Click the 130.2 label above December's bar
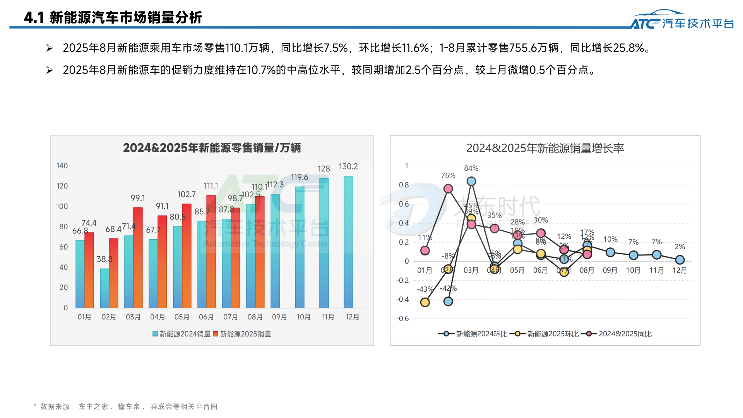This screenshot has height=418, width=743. [x=348, y=166]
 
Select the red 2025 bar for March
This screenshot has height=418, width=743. [x=138, y=257]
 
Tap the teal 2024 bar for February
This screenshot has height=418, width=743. [x=104, y=288]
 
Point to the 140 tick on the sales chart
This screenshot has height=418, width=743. [x=62, y=166]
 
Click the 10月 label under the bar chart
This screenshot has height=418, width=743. [x=303, y=317]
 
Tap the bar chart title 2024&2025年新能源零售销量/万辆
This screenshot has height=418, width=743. [x=212, y=148]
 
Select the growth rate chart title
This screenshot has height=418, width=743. [x=545, y=148]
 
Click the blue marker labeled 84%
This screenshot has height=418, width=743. [x=471, y=181]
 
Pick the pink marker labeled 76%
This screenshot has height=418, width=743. [x=448, y=188]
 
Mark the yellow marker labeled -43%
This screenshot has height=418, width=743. [x=425, y=302]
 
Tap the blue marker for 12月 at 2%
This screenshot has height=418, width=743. [x=680, y=260]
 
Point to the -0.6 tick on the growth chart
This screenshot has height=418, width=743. [x=402, y=319]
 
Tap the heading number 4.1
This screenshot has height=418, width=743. [x=34, y=17]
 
